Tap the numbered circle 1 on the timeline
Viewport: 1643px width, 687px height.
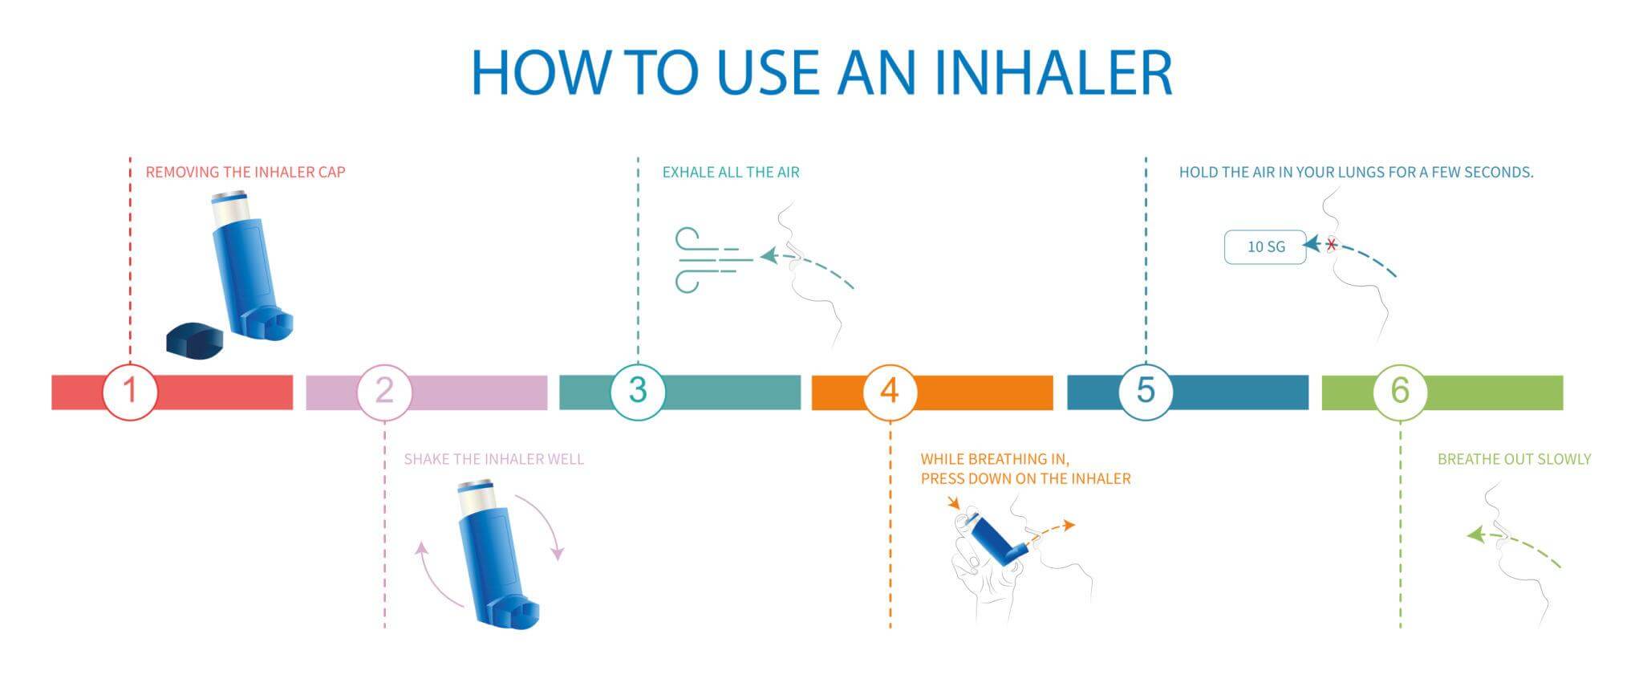point(130,392)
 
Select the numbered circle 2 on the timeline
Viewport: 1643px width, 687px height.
point(384,392)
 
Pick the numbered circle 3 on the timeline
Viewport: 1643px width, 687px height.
point(638,392)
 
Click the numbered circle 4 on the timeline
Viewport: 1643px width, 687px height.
point(890,392)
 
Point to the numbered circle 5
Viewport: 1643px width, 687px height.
point(1146,392)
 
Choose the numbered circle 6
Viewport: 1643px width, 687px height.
point(1400,392)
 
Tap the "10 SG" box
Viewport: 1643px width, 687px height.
point(1265,247)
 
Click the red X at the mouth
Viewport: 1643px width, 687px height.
point(1332,245)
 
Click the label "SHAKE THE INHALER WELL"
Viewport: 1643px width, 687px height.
point(494,459)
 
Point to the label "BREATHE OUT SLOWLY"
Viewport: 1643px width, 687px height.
point(1514,459)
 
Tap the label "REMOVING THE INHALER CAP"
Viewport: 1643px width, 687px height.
point(245,172)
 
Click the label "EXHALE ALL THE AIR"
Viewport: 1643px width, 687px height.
point(731,172)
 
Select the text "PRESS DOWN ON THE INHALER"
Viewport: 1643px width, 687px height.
point(1025,478)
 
